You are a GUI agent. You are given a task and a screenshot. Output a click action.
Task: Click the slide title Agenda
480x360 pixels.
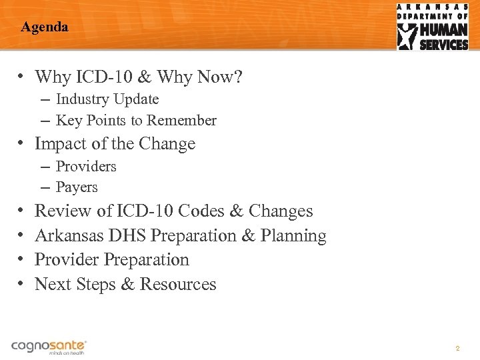pyautogui.click(x=45, y=27)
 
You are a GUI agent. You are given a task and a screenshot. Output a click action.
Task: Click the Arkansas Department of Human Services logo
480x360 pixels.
pyautogui.click(x=433, y=27)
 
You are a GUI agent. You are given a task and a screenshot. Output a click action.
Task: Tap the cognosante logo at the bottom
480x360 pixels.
pyautogui.click(x=49, y=347)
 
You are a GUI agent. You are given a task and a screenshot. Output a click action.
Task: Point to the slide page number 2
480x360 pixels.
pyautogui.click(x=457, y=349)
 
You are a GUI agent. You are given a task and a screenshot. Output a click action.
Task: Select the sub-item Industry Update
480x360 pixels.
pyautogui.click(x=107, y=99)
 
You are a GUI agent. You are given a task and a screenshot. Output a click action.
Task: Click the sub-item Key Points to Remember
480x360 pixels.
pyautogui.click(x=136, y=121)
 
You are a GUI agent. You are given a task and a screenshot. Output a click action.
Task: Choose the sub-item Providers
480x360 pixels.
pyautogui.click(x=86, y=166)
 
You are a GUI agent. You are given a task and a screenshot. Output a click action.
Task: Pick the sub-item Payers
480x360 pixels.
pyautogui.click(x=77, y=187)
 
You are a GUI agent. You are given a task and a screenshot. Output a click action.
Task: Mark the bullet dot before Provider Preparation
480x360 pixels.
pyautogui.click(x=22, y=260)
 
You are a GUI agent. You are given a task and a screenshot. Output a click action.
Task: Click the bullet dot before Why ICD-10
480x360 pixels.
pyautogui.click(x=22, y=77)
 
